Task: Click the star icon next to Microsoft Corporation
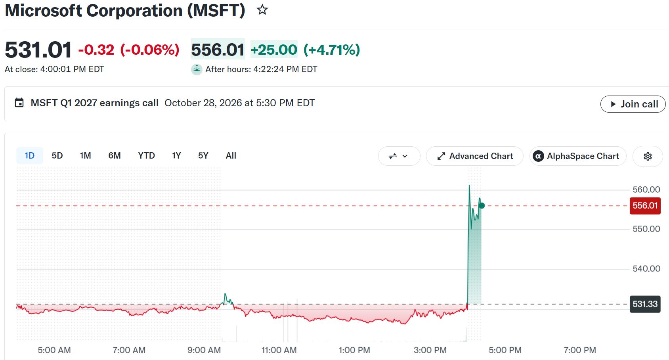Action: pos(262,10)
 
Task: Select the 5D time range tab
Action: pos(57,156)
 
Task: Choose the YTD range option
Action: pos(146,156)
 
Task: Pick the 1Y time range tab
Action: pos(176,156)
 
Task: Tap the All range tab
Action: pos(231,156)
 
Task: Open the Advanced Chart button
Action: pos(474,156)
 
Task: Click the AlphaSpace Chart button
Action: pos(578,156)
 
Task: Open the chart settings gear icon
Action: pos(648,156)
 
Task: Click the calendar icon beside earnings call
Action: pos(19,103)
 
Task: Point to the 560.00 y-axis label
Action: pos(646,190)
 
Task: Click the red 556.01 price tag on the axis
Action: pos(645,205)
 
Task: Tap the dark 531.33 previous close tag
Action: pos(645,304)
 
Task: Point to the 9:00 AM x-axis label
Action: pos(204,350)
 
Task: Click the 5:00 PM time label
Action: pos(505,350)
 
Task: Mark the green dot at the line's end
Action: pos(482,205)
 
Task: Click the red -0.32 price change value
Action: pos(96,50)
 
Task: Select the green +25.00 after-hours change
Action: pos(274,50)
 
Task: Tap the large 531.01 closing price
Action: pos(38,50)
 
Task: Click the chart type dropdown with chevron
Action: pos(399,156)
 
